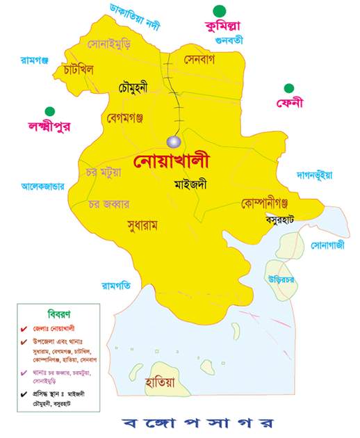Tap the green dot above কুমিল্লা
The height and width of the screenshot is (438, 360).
pyautogui.click(x=220, y=11)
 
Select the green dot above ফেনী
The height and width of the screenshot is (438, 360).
pyautogui.click(x=288, y=88)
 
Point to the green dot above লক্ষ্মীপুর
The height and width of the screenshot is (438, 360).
pyautogui.click(x=49, y=111)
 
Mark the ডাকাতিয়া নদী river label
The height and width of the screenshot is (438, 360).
pyautogui.click(x=135, y=17)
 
